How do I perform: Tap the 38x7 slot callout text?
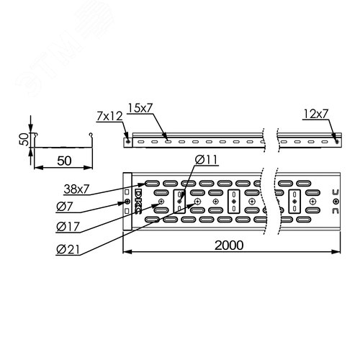tap(76, 189)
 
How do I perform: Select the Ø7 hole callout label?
tap(64, 207)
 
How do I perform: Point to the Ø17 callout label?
tap(68, 227)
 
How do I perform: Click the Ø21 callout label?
tap(68, 250)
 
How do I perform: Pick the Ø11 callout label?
tap(207, 160)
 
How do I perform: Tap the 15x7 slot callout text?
tap(140, 108)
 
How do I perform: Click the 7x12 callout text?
tap(109, 117)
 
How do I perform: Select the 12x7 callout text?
tap(315, 114)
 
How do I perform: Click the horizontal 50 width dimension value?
tap(64, 161)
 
